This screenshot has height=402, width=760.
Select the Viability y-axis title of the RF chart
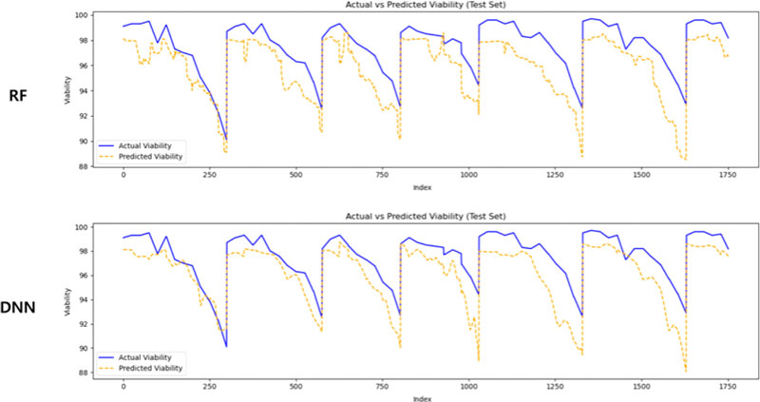click(67, 90)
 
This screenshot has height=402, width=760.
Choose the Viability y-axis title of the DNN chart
click(67, 301)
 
